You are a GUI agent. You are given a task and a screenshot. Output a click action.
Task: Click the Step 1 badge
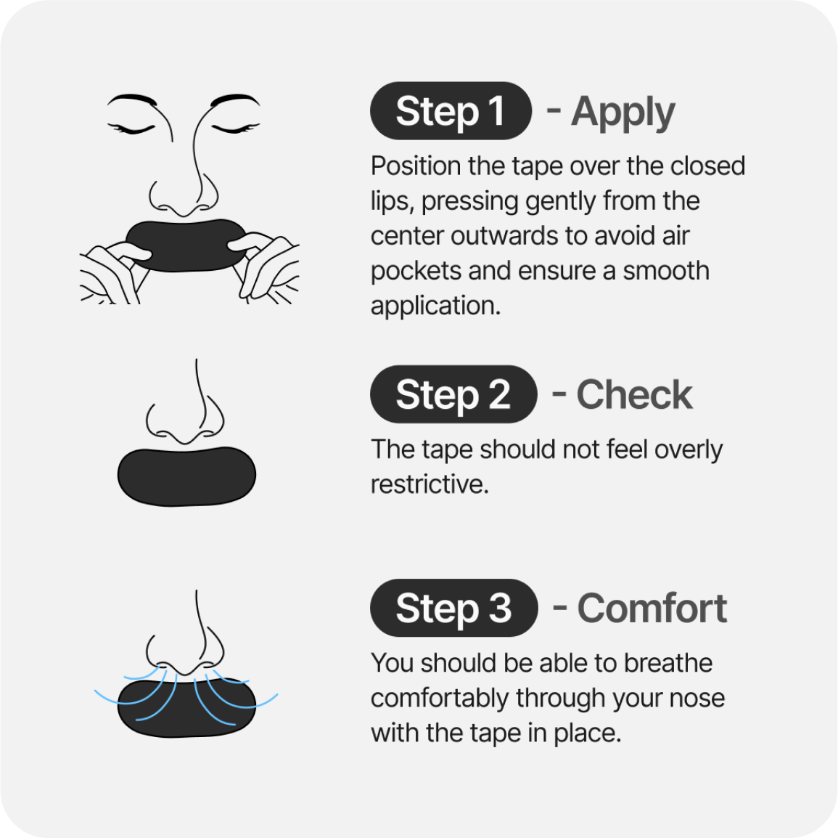(x=451, y=110)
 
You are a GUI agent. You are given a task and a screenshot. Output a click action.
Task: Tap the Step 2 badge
(x=453, y=394)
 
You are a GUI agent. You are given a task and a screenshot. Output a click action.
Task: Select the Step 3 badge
(x=453, y=608)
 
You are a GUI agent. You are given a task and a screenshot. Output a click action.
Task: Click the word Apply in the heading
(x=623, y=113)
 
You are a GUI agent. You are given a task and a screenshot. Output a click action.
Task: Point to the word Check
(x=634, y=394)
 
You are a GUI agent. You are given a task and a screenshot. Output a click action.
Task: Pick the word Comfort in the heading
(x=652, y=609)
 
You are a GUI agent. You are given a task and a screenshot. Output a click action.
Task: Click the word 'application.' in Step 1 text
(x=435, y=306)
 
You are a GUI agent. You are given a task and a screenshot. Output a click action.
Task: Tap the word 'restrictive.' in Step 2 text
(x=430, y=484)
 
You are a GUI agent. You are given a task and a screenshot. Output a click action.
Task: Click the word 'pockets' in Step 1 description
(x=416, y=271)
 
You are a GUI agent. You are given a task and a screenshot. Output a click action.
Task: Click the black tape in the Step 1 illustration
(x=186, y=245)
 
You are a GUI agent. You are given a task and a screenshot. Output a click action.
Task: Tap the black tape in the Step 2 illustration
(x=186, y=476)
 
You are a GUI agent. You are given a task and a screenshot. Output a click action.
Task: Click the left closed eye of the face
(x=131, y=129)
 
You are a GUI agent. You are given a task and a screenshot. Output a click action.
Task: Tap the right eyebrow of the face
(x=234, y=99)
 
